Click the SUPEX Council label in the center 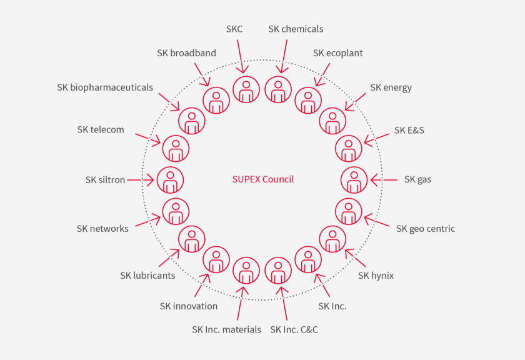(x=262, y=179)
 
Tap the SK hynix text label (x=376, y=275)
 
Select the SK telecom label (x=101, y=130)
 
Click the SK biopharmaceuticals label (x=104, y=87)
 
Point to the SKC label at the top (x=234, y=29)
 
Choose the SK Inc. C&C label (x=294, y=329)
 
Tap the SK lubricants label (x=147, y=275)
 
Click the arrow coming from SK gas (x=384, y=180)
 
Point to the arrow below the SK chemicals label (x=284, y=56)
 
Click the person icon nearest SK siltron (x=170, y=180)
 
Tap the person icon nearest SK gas (x=354, y=180)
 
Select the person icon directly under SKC (x=246, y=89)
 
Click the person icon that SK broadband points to (x=216, y=101)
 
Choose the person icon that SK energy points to (x=332, y=121)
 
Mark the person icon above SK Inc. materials (x=246, y=271)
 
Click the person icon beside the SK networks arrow (x=176, y=211)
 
